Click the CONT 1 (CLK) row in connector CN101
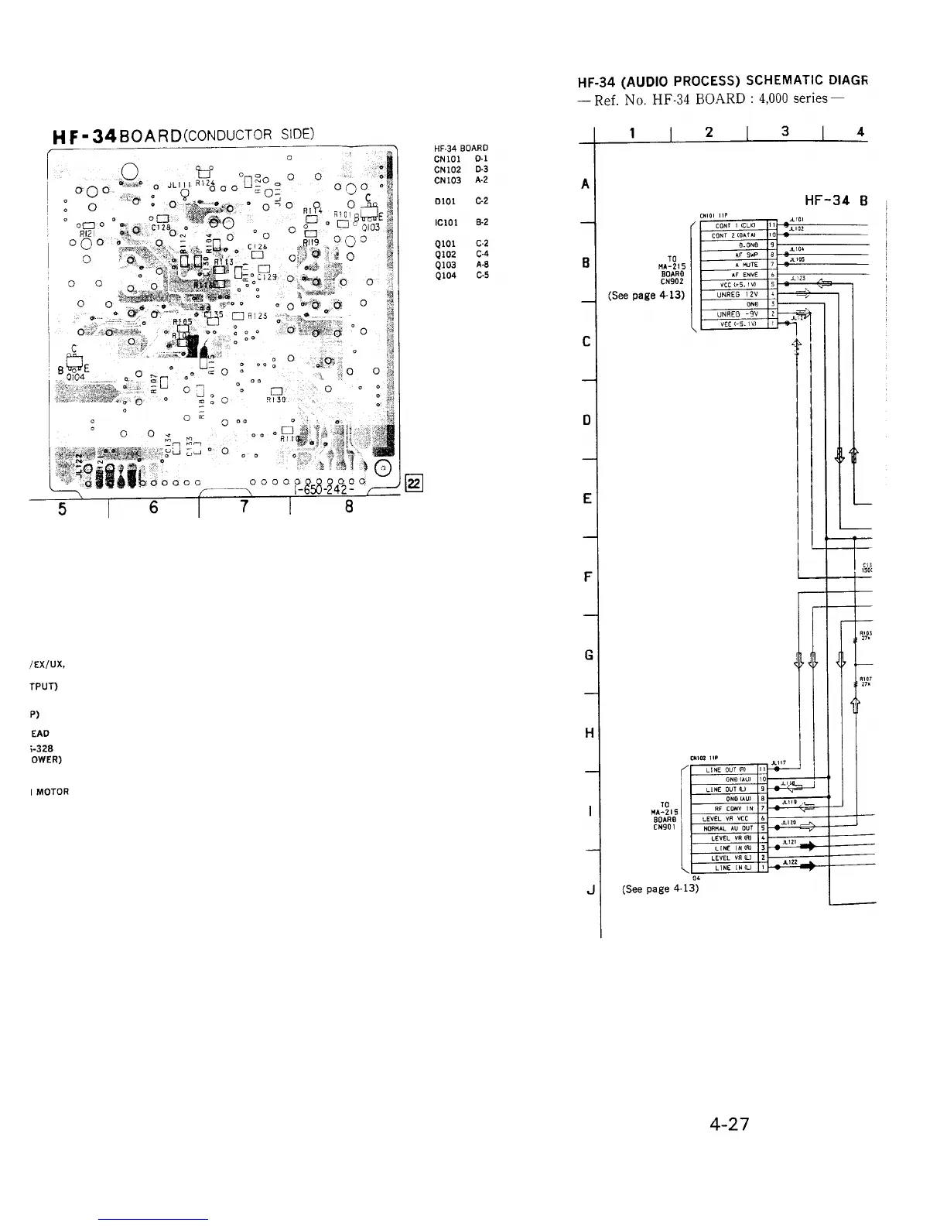coord(731,226)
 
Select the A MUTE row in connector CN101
coord(731,265)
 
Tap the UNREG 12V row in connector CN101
coord(731,295)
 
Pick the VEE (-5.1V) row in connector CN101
coord(731,324)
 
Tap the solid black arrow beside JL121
coord(805,848)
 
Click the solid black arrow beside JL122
coord(805,868)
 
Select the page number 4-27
coord(730,1124)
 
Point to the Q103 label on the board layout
coord(368,228)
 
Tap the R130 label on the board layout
coord(275,400)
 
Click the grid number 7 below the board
coord(244,508)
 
